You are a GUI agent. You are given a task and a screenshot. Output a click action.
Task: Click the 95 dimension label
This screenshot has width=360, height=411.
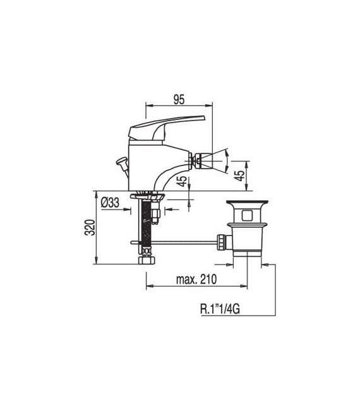tap(179, 99)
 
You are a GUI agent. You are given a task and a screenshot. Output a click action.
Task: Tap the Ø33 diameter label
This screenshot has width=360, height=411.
tap(110, 203)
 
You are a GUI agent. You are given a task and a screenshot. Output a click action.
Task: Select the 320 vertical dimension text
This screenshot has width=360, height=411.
tap(90, 227)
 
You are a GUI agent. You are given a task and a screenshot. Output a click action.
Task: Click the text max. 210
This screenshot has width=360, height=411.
tap(196, 280)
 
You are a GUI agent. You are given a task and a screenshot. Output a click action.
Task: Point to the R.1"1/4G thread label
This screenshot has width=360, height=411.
tap(220, 309)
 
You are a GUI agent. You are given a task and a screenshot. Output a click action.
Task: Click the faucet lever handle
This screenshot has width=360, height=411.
tap(166, 127)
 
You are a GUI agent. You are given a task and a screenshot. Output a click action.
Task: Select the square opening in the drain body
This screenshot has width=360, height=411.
tap(247, 215)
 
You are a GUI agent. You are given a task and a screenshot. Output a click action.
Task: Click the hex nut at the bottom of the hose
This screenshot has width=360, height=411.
tap(147, 260)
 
